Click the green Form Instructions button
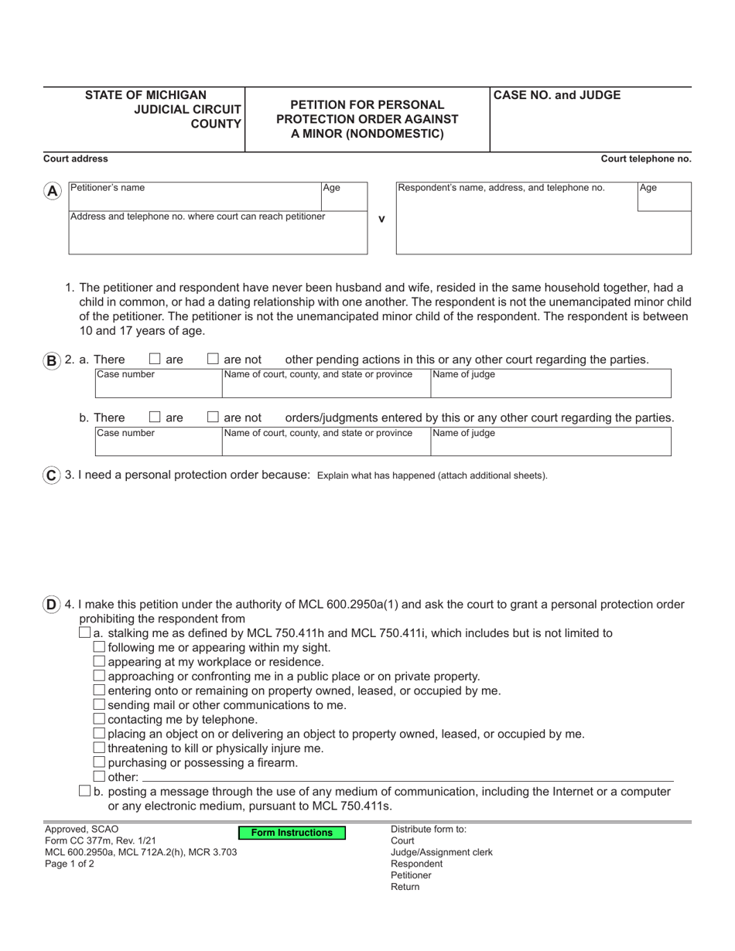292,833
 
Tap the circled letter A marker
52,192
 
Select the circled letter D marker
51,605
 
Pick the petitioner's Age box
344,197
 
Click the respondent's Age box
664,197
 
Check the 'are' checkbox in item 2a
155,359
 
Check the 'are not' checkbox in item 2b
214,418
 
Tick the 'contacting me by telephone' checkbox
98,719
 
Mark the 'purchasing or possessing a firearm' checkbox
98,762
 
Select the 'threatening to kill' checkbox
98,748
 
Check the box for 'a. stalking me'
84,632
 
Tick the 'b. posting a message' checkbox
84,791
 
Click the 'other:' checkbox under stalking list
98,776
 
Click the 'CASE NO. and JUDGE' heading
557,96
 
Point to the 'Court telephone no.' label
646,159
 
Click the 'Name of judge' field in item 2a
550,383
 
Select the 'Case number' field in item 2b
158,441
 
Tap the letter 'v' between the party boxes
381,219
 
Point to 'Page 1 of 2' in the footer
70,864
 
